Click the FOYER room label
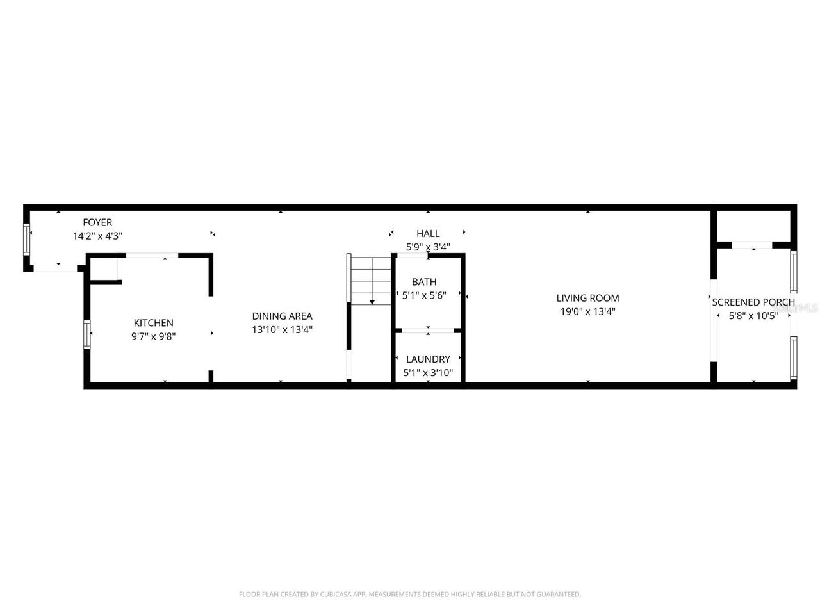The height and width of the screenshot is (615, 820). pos(97,222)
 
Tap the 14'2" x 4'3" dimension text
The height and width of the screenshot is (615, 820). pos(97,236)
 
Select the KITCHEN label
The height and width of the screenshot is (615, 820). pos(153,323)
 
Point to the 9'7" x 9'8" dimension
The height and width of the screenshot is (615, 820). pos(153,335)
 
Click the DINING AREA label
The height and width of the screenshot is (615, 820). pos(282,316)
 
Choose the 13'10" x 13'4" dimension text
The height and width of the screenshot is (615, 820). pos(282,330)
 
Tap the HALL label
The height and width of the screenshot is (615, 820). pos(428,233)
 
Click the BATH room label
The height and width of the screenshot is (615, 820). pos(424,282)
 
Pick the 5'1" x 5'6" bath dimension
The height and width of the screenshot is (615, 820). pos(424,295)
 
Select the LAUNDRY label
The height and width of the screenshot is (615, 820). pos(428,359)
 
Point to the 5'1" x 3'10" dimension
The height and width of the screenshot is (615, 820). pos(428,372)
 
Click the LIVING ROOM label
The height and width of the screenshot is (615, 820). pos(587,298)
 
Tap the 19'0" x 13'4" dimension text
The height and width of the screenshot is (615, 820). pos(587,312)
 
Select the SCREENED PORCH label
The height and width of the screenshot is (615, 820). pos(753,302)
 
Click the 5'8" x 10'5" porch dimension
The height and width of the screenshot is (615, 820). pos(753,316)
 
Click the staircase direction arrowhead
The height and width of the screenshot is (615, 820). pos(372,301)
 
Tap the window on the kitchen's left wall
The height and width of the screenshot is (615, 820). pos(87,334)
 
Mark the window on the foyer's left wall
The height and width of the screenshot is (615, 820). pos(27,240)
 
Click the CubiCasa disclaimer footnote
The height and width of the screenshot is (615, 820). pos(410,594)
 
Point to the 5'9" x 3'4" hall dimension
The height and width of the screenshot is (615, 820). pos(428,247)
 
